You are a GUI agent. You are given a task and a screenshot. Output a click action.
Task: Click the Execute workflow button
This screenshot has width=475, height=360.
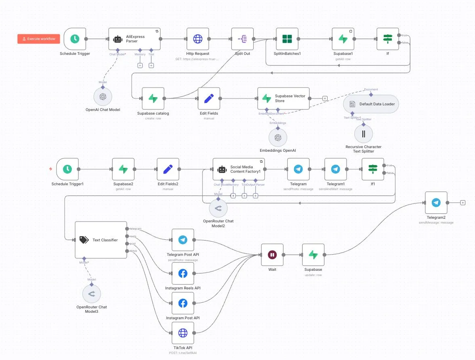click(39, 39)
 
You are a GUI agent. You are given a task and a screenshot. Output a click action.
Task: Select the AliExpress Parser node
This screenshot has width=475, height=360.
click(135, 39)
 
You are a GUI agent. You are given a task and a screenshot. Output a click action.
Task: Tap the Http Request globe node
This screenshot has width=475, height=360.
click(198, 39)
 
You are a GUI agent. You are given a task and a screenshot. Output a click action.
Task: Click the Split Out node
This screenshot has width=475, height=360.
click(242, 39)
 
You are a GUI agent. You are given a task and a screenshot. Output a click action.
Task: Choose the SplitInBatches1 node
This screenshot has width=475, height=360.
click(287, 39)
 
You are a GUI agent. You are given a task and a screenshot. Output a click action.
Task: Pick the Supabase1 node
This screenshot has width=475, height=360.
click(343, 39)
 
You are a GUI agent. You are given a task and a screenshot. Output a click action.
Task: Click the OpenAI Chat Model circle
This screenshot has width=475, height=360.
click(103, 96)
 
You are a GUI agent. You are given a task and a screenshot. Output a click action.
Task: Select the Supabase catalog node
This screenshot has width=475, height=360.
click(153, 98)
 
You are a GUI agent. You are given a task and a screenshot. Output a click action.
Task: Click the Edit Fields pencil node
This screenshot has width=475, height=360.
click(209, 98)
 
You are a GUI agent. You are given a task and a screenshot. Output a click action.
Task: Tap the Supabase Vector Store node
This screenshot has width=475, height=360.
click(284, 98)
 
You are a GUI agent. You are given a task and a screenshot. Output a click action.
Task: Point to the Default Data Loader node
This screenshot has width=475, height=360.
click(371, 104)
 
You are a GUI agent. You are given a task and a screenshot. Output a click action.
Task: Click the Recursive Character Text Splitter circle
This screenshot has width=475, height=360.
click(364, 134)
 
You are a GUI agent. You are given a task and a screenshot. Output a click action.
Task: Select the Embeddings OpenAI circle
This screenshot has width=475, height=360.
click(277, 138)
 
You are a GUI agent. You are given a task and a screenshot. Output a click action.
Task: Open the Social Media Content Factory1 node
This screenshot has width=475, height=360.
click(239, 169)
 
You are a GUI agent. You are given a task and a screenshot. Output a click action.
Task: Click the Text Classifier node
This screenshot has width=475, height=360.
click(101, 240)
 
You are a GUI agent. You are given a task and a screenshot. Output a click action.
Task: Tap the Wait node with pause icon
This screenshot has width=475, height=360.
click(272, 255)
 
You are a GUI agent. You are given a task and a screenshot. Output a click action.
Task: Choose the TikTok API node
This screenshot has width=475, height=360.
click(183, 333)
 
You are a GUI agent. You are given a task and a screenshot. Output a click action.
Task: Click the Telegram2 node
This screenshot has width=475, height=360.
click(436, 203)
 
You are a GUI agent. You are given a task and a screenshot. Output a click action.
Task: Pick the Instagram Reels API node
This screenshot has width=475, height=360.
click(183, 274)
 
